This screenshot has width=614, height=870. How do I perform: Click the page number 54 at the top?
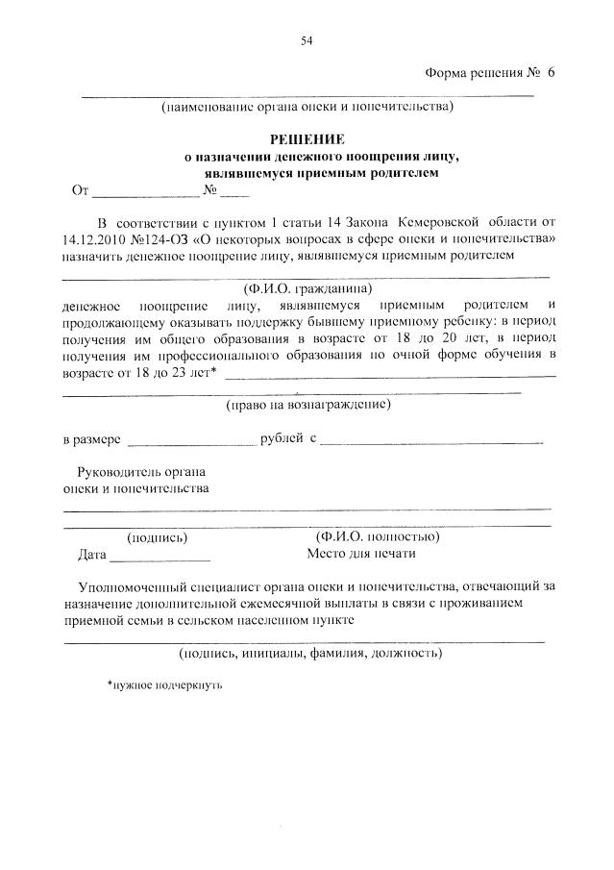[307, 40]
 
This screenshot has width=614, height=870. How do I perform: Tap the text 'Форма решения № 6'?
[489, 73]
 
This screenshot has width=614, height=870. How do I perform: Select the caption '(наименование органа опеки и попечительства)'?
[307, 108]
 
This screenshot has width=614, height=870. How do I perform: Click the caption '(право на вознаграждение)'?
[307, 406]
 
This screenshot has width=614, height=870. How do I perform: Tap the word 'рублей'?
[282, 439]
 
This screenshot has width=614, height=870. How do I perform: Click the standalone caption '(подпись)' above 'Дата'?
[158, 537]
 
